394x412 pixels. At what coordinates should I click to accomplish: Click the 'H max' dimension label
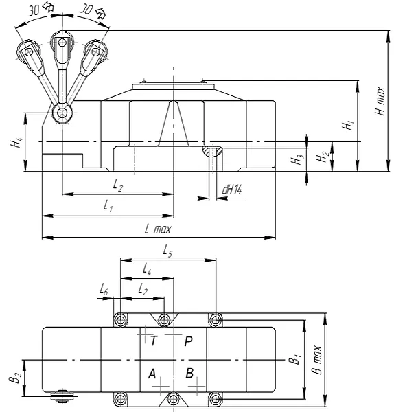coord(380,101)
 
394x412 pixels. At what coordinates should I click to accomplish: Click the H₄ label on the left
coord(16,143)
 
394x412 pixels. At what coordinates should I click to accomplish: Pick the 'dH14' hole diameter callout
coord(232,190)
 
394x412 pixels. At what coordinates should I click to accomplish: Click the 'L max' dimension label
coord(158,229)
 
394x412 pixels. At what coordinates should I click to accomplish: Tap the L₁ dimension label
coord(108,205)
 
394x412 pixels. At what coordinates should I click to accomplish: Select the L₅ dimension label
coord(167,251)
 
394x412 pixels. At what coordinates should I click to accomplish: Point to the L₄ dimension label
coord(147,268)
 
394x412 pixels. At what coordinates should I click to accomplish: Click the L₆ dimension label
coord(104,290)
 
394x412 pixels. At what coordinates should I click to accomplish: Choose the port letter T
coord(153,341)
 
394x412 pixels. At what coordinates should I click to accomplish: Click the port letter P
coord(188,341)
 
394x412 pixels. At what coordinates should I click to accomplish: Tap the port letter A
coord(152,374)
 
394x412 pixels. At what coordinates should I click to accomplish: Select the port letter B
coord(189,373)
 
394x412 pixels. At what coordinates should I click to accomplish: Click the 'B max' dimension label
coord(316,360)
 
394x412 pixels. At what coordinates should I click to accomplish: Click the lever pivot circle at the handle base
coord(62,113)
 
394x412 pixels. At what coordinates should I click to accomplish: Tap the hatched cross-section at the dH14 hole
coord(212,151)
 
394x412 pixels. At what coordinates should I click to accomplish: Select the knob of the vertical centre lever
coord(62,43)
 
